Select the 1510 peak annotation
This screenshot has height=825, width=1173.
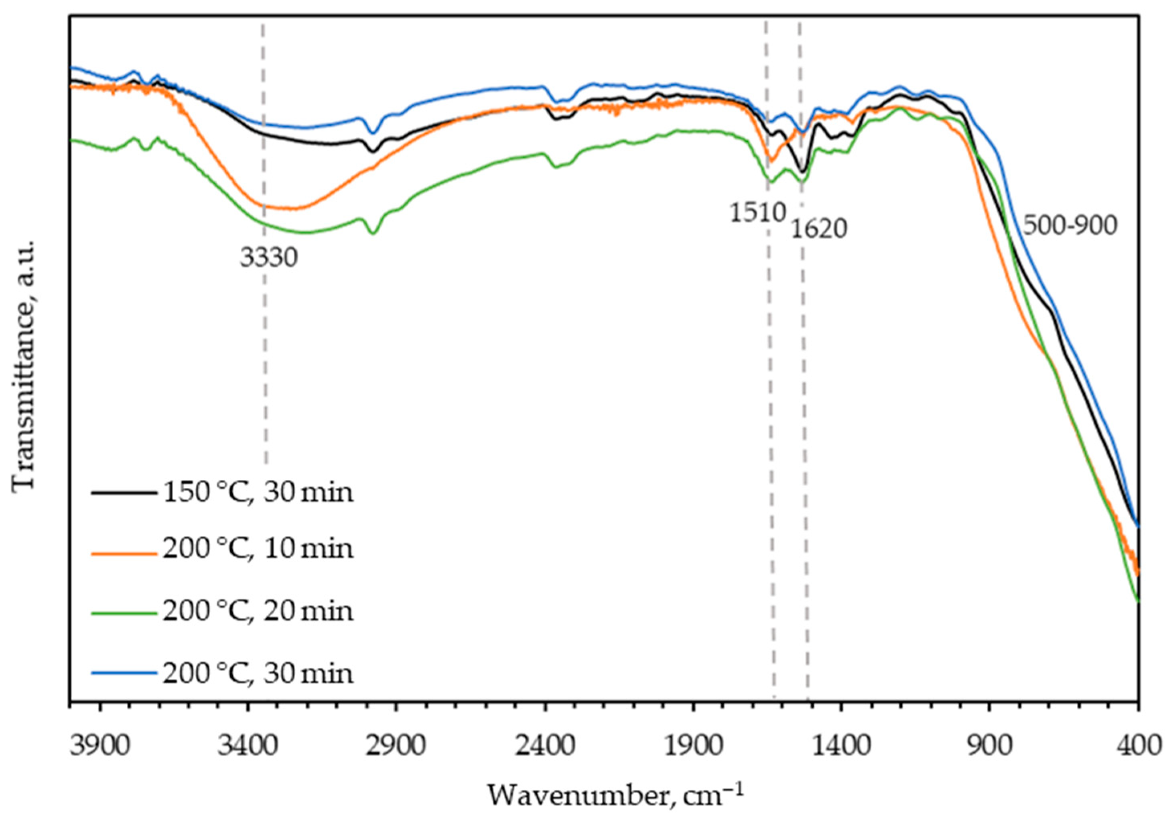pyautogui.click(x=757, y=213)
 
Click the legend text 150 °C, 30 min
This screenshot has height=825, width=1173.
pyautogui.click(x=258, y=493)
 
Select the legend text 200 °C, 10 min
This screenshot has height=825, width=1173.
pyautogui.click(x=258, y=548)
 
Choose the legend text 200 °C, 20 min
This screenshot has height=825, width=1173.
pyautogui.click(x=258, y=611)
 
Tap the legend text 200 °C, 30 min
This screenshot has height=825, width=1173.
pyautogui.click(x=258, y=673)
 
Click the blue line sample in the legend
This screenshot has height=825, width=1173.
pyautogui.click(x=124, y=673)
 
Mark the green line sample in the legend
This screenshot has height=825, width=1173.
pyautogui.click(x=124, y=611)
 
